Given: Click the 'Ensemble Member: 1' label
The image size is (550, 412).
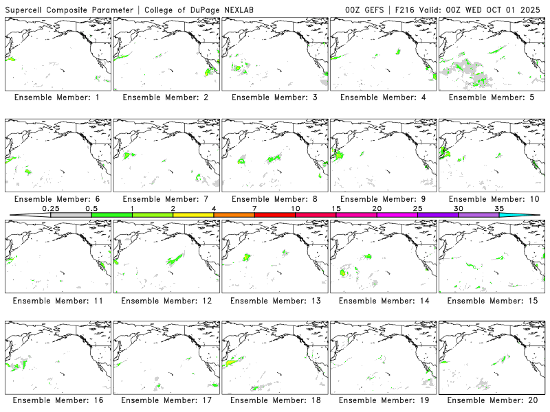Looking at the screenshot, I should pyautogui.click(x=57, y=98).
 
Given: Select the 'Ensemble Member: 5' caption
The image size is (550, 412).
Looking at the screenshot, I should pyautogui.click(x=492, y=98).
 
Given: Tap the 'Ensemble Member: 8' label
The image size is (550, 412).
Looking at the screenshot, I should pyautogui.click(x=274, y=199).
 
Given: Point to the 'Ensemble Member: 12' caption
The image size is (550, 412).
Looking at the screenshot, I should pyautogui.click(x=166, y=300).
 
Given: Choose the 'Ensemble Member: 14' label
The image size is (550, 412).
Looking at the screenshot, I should pyautogui.click(x=383, y=300).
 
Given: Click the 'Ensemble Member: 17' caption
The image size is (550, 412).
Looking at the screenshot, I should pyautogui.click(x=166, y=400).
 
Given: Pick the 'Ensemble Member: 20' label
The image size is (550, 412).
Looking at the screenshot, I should pyautogui.click(x=492, y=400).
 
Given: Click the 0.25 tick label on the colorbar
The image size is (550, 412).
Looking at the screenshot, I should pyautogui.click(x=50, y=208).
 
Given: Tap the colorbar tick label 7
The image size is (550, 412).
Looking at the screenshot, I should pyautogui.click(x=254, y=208).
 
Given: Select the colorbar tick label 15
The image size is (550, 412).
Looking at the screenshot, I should pyautogui.click(x=336, y=208).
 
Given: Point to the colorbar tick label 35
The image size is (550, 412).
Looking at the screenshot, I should pyautogui.click(x=499, y=208).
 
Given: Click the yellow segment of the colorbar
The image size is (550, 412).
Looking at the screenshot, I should pyautogui.click(x=193, y=215).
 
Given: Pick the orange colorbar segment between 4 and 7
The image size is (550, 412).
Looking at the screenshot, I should pyautogui.click(x=234, y=215).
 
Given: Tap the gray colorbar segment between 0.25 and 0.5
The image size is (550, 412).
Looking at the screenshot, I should pyautogui.click(x=71, y=215).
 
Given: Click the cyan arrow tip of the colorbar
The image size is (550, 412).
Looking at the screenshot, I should pyautogui.click(x=529, y=215).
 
